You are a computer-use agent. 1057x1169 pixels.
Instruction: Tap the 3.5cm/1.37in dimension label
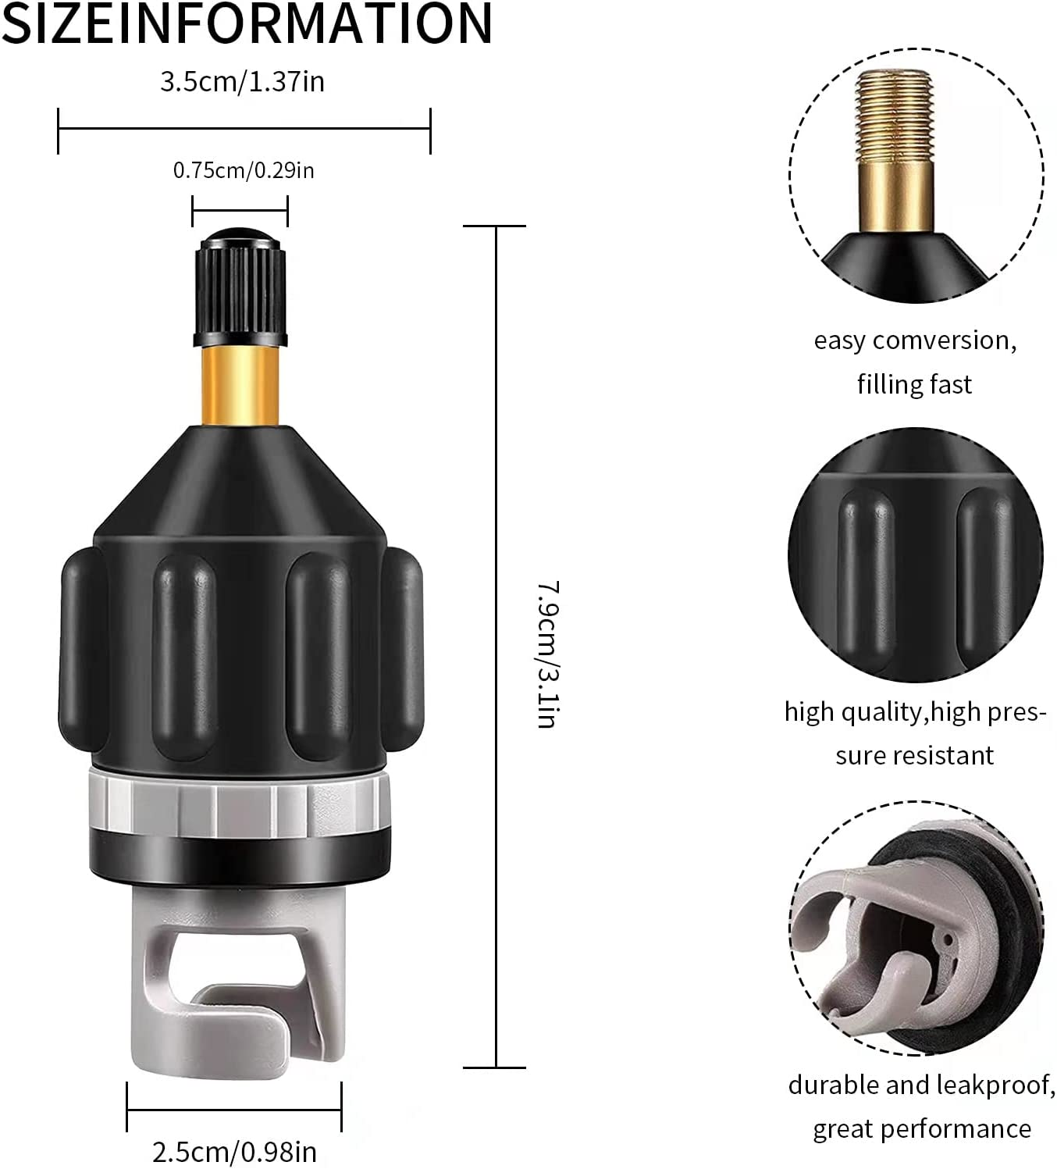tap(242, 82)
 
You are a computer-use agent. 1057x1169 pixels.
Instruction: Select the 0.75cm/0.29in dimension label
tap(244, 170)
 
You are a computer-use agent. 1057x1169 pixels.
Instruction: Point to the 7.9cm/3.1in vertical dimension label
tap(547, 654)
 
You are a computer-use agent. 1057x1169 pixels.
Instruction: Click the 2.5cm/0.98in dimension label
tap(234, 1151)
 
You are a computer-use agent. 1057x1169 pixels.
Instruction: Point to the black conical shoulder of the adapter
tap(240, 476)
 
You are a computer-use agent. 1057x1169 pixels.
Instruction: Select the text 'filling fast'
tap(914, 384)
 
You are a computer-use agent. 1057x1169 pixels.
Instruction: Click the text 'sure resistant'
tap(914, 756)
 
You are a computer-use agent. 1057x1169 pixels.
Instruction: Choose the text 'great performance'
tap(921, 1129)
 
